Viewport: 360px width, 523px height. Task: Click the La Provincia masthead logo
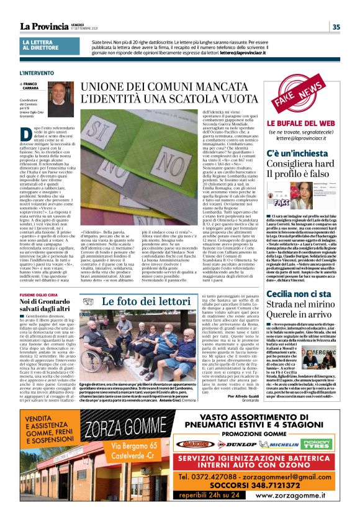coord(43,26)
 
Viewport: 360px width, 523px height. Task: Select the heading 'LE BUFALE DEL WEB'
coord(302,124)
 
